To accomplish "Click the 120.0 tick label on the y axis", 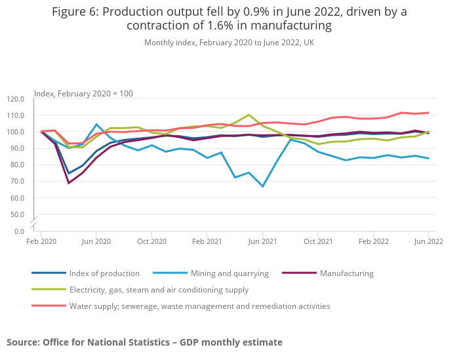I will click(x=15, y=99).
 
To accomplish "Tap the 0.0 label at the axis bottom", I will click(x=18, y=231).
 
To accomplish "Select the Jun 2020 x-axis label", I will click(x=96, y=241).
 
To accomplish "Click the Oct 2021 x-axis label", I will click(x=317, y=241).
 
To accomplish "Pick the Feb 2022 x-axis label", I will click(x=372, y=241).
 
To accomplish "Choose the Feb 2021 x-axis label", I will click(x=207, y=241).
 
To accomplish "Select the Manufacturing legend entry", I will click(x=346, y=273).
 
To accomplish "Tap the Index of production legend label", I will click(x=104, y=273).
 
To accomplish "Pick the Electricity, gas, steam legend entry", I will click(x=159, y=289).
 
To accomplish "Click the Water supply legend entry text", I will click(x=199, y=306).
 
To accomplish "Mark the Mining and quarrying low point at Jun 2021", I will click(x=262, y=186).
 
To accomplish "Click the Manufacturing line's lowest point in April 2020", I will click(x=68, y=183).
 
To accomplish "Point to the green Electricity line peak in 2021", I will click(x=249, y=115).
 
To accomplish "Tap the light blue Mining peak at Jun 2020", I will click(x=96, y=125).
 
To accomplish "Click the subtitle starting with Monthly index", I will click(x=229, y=43).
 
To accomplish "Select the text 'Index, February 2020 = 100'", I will click(x=83, y=94).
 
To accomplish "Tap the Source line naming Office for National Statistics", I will click(x=144, y=342).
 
